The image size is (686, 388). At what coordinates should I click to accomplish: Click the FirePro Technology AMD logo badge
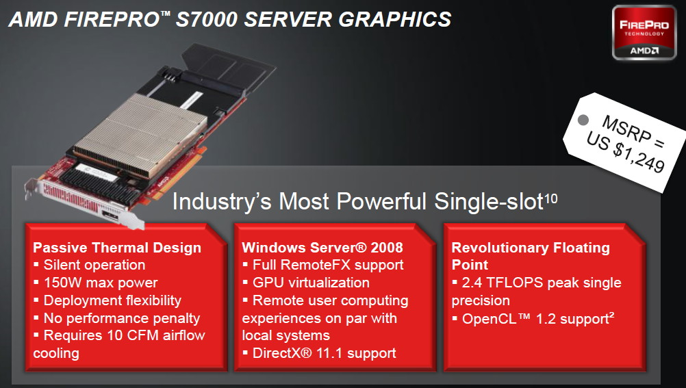(644, 33)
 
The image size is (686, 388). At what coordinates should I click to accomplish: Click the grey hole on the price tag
(583, 120)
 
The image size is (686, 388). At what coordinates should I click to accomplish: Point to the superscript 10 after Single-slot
(551, 199)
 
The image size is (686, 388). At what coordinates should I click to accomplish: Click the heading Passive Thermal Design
(117, 248)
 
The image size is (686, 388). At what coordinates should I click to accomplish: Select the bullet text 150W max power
(101, 283)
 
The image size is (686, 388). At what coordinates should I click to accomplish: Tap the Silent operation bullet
(94, 265)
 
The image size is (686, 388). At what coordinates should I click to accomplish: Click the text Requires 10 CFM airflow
(124, 335)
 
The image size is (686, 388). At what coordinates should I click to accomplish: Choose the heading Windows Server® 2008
(322, 248)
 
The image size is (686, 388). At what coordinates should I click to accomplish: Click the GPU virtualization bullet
(311, 283)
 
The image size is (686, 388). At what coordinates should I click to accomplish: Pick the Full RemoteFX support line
(328, 265)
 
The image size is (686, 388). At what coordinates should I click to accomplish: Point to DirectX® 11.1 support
(325, 353)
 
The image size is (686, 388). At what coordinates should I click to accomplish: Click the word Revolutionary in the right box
(500, 248)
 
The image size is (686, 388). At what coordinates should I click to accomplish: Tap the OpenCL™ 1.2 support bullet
(538, 318)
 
